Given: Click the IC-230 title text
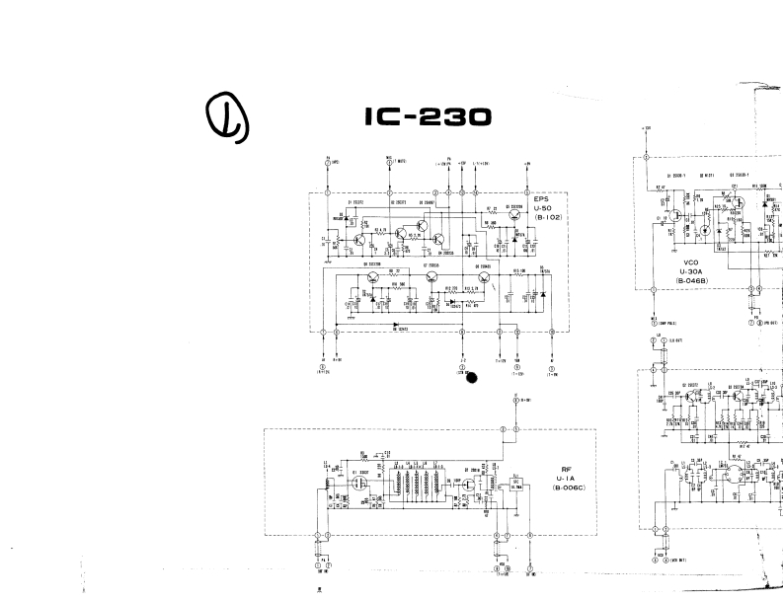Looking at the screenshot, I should tap(427, 117).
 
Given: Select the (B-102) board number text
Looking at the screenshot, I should tap(547, 216).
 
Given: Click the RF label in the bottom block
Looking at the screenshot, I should tap(566, 470).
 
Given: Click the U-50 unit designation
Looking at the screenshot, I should tap(546, 207).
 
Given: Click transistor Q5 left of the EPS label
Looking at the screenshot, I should tap(515, 219).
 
